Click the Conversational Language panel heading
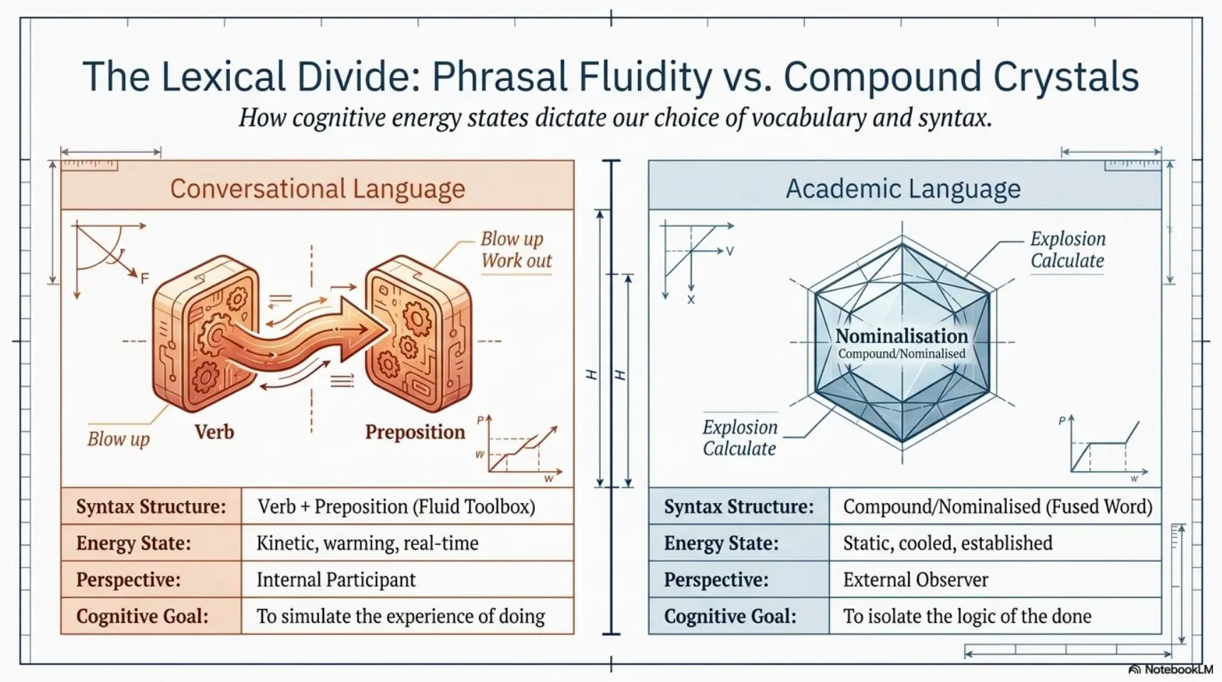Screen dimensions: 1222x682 point(318,188)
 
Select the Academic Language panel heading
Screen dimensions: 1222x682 point(903,188)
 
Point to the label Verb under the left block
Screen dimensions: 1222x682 point(214,431)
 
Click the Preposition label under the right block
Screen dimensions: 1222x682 point(415,432)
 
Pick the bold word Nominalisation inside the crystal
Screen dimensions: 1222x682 point(902,336)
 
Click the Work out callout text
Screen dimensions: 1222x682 point(517,261)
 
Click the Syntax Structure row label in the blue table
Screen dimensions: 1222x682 point(739,507)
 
